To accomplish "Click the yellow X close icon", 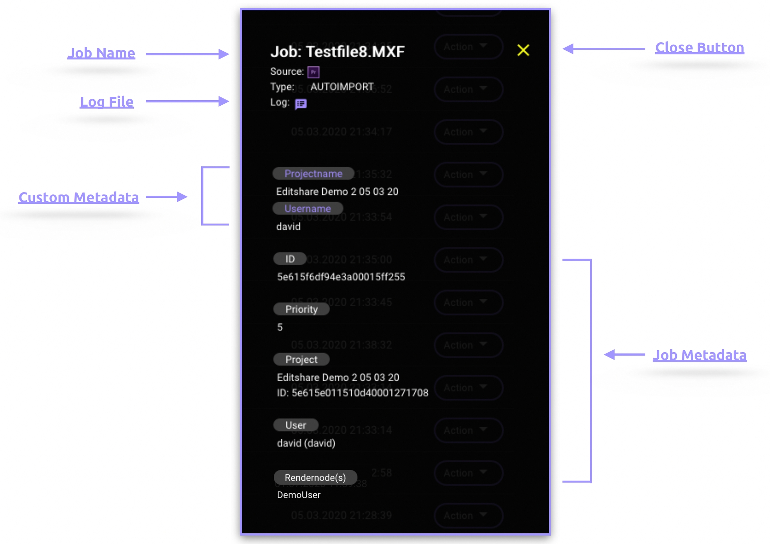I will [x=523, y=50].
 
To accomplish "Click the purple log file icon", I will [x=300, y=104].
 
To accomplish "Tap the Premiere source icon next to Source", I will [x=313, y=72].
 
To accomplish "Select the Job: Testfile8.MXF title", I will [x=338, y=52].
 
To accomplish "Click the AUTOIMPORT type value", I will [x=342, y=87].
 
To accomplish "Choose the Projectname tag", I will [x=313, y=173].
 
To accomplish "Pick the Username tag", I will [x=307, y=208].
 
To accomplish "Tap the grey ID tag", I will [x=290, y=259].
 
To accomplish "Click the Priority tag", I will [x=301, y=309].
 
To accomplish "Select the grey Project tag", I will [x=301, y=359].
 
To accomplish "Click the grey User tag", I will [x=295, y=425].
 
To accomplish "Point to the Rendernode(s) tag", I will [x=315, y=477].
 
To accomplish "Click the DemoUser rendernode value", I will [x=298, y=495].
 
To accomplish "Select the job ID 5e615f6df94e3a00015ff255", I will [x=341, y=277].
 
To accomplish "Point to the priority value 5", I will [x=280, y=327].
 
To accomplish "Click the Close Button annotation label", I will [x=699, y=48].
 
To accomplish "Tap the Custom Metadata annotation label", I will [x=79, y=197].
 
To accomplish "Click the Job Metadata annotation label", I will [x=699, y=355].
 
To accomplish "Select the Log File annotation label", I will [x=107, y=102].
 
